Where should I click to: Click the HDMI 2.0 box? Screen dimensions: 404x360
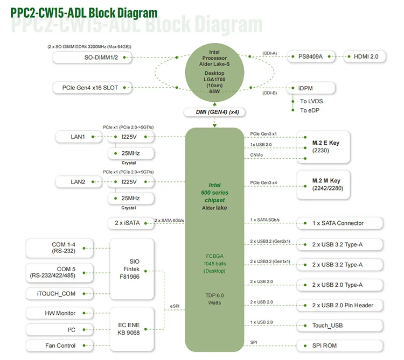click(x=365, y=57)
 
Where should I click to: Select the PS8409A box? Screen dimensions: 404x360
click(x=311, y=57)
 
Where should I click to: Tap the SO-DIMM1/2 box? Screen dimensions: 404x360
click(x=92, y=58)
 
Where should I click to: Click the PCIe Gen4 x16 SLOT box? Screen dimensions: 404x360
click(x=92, y=88)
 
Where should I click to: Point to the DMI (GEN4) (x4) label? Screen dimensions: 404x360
click(x=214, y=112)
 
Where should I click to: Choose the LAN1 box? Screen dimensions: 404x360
click(x=79, y=137)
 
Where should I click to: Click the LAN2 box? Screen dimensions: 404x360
click(x=79, y=182)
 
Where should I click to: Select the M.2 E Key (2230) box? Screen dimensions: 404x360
click(x=323, y=147)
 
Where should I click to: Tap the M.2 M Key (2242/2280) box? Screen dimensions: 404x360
click(x=323, y=185)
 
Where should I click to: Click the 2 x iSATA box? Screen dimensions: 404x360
click(x=131, y=223)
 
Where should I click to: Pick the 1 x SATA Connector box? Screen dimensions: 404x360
click(x=339, y=223)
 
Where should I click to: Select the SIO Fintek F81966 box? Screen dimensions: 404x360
click(x=132, y=269)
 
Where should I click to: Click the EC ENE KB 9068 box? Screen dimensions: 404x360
click(x=132, y=329)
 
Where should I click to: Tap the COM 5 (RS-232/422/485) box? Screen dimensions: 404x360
click(x=59, y=272)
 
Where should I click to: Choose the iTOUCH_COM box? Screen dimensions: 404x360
click(x=59, y=294)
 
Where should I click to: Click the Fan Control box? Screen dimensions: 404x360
click(x=59, y=345)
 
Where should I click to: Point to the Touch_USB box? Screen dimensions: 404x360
click(x=339, y=326)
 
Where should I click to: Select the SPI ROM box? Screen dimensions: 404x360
click(x=339, y=345)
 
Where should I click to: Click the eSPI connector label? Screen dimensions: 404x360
click(x=175, y=306)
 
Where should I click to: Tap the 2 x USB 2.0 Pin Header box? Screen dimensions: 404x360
click(x=339, y=306)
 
